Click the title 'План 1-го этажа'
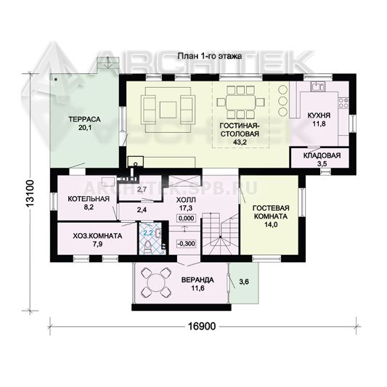click(x=210, y=57)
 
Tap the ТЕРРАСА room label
click(x=84, y=120)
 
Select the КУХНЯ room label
click(x=319, y=115)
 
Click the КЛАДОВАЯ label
click(x=322, y=155)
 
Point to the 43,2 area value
click(x=240, y=142)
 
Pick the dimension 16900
click(x=202, y=326)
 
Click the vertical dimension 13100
click(x=30, y=194)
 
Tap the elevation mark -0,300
click(x=187, y=244)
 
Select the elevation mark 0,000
click(x=186, y=218)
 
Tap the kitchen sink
click(x=318, y=87)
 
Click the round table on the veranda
click(x=156, y=283)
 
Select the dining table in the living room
click(x=240, y=102)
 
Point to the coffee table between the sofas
click(x=168, y=110)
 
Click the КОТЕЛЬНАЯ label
click(x=89, y=199)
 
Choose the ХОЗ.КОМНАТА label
click(x=97, y=236)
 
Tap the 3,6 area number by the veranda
click(x=244, y=282)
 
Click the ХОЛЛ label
click(x=186, y=200)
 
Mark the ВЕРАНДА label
click(x=197, y=280)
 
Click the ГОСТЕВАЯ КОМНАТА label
click(x=271, y=212)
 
